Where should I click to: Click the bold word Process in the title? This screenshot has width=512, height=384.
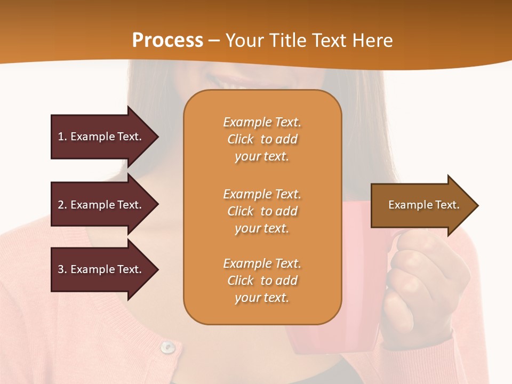pos(167,40)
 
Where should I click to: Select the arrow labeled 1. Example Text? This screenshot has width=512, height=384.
pos(101,137)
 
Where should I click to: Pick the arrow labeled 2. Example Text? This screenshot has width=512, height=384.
pos(101,205)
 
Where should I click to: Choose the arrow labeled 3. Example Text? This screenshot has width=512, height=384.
pos(101,269)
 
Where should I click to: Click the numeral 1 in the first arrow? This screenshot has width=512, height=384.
pos(60,137)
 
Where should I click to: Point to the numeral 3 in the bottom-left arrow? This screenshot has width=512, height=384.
pos(61,269)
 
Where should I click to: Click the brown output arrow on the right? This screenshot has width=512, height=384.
pos(421,205)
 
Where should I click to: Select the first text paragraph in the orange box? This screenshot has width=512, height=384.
pos(262,139)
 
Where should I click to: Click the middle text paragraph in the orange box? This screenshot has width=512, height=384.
pos(262,211)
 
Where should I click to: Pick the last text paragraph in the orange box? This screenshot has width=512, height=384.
pos(262,281)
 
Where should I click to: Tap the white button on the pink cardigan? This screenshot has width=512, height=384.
pos(168,347)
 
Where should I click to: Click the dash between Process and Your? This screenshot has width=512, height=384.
pos(214,41)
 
